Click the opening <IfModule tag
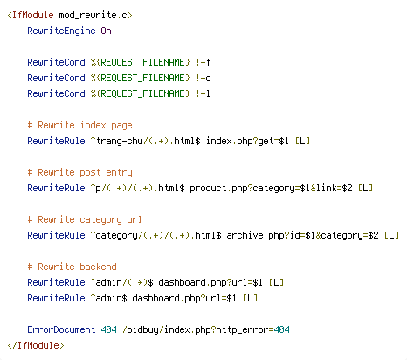pos(31,15)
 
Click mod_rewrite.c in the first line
pos(93,15)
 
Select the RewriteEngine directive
pos(61,31)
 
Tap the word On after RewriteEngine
pos(106,31)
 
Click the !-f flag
pos(203,62)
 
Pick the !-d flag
pos(203,78)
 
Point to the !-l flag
pos(203,93)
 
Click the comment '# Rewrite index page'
pos(80,126)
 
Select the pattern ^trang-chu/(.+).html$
pos(145,142)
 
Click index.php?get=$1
pos(247,142)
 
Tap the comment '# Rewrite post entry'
pos(80,173)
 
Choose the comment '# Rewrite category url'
pos(85,220)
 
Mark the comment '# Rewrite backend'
pos(72,267)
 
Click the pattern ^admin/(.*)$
pos(121,282)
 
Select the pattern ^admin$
pos(108,298)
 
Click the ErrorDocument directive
pos(61,329)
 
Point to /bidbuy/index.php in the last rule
pos(165,329)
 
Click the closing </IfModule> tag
pos(36,345)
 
